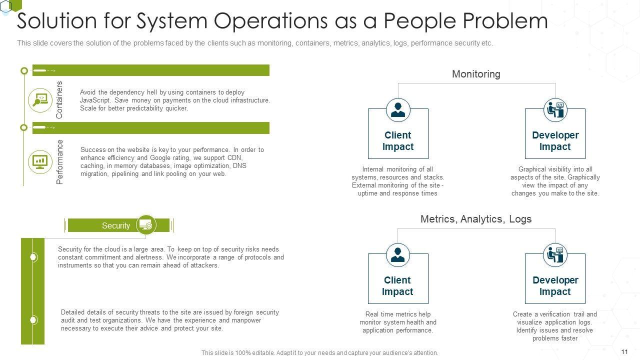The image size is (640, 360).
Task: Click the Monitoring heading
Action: tap(475, 74)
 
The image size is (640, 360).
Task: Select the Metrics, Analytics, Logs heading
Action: tap(475, 219)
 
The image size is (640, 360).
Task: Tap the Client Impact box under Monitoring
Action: tap(398, 140)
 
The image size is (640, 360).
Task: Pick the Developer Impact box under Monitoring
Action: tap(555, 140)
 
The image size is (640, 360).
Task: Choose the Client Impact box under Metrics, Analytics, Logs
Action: tap(398, 285)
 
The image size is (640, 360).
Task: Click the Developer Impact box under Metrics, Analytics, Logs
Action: tap(555, 285)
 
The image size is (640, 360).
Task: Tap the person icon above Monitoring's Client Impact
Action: tap(398, 110)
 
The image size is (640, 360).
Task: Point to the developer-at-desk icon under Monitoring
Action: tap(555, 110)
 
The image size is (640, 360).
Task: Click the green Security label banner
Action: tap(116, 225)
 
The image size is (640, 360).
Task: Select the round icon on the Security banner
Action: tap(146, 225)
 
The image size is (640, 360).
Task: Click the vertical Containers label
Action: tap(59, 99)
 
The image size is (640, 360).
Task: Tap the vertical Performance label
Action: tap(60, 162)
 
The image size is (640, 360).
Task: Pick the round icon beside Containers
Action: tap(40, 99)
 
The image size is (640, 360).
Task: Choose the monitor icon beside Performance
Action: tap(40, 161)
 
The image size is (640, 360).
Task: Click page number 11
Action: tap(624, 352)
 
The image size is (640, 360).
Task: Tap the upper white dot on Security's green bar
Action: tap(33, 257)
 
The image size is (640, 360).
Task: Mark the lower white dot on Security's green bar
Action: tap(33, 319)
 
